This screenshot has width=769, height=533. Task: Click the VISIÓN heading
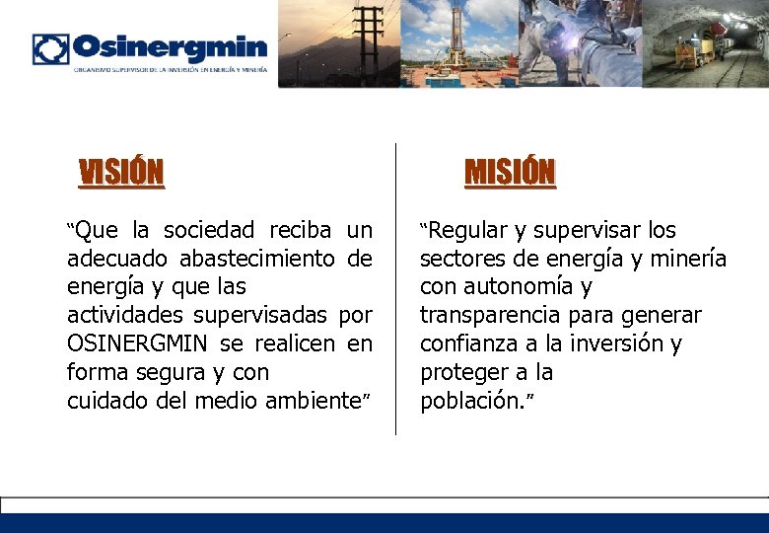tap(121, 173)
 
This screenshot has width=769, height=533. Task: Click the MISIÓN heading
tap(510, 173)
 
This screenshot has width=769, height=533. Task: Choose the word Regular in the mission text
tap(466, 231)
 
